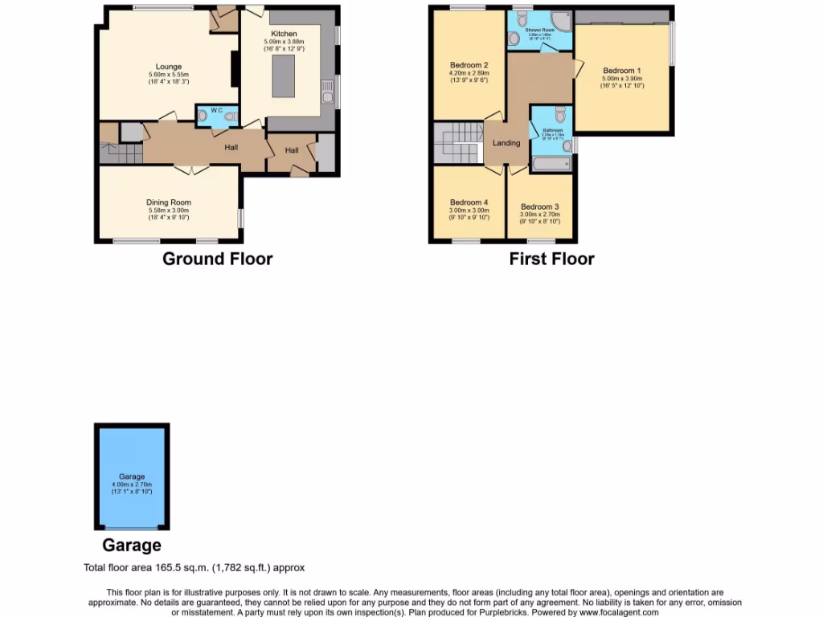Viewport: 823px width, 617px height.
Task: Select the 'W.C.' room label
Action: pyautogui.click(x=216, y=110)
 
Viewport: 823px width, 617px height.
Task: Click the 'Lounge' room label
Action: pyautogui.click(x=169, y=67)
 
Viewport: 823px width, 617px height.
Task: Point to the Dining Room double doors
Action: pyautogui.click(x=190, y=169)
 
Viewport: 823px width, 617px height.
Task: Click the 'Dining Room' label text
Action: pyautogui.click(x=169, y=202)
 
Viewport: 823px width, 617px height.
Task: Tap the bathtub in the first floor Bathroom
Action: pyautogui.click(x=551, y=165)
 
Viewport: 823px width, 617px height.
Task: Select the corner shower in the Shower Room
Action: pyautogui.click(x=562, y=18)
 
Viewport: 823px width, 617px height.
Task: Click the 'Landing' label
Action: pyautogui.click(x=506, y=143)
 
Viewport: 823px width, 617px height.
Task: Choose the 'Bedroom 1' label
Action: pyautogui.click(x=622, y=71)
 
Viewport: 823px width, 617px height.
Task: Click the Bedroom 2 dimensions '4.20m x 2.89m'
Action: pyautogui.click(x=469, y=73)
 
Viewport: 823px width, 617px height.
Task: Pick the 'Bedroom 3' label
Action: pyautogui.click(x=539, y=206)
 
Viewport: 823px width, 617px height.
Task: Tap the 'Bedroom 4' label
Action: pyautogui.click(x=469, y=202)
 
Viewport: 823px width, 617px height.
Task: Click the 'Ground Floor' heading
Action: pyautogui.click(x=217, y=259)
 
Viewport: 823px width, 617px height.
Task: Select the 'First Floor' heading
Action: pyautogui.click(x=551, y=259)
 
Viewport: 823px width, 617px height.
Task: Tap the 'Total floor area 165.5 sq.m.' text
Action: pyautogui.click(x=194, y=567)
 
